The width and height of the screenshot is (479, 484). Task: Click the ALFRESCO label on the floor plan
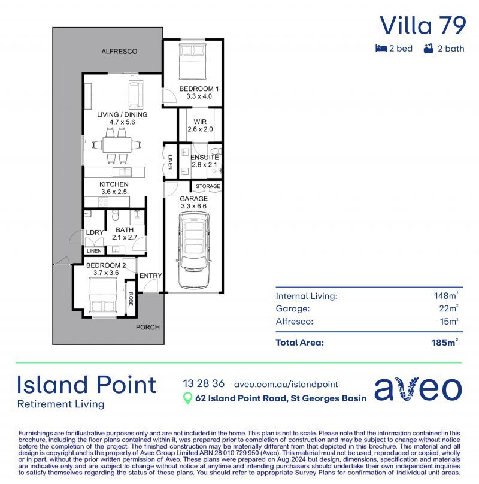click(119, 52)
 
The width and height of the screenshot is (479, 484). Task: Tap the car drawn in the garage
click(193, 250)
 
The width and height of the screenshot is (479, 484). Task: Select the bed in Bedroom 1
click(193, 62)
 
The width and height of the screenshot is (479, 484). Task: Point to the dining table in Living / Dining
click(117, 145)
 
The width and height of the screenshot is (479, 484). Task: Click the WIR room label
click(200, 122)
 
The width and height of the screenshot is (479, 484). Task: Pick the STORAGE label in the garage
click(208, 186)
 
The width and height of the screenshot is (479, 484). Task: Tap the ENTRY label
click(150, 276)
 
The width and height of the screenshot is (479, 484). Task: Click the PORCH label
click(147, 327)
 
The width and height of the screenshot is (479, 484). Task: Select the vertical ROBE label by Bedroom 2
click(131, 299)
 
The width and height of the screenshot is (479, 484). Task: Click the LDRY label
click(95, 232)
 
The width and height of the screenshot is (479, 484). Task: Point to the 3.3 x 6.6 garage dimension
click(193, 206)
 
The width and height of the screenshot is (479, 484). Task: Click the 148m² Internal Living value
click(446, 295)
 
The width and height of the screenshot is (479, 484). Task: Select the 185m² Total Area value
click(445, 342)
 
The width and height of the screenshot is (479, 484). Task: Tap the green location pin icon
click(187, 398)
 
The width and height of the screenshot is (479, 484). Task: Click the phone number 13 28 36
click(204, 384)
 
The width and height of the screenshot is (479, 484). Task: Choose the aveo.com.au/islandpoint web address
click(286, 385)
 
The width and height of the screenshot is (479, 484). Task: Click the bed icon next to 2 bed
click(381, 48)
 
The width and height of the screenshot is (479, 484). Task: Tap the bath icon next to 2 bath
click(428, 49)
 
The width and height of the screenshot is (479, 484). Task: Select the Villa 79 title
click(423, 25)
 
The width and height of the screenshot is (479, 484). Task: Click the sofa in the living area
click(136, 95)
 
